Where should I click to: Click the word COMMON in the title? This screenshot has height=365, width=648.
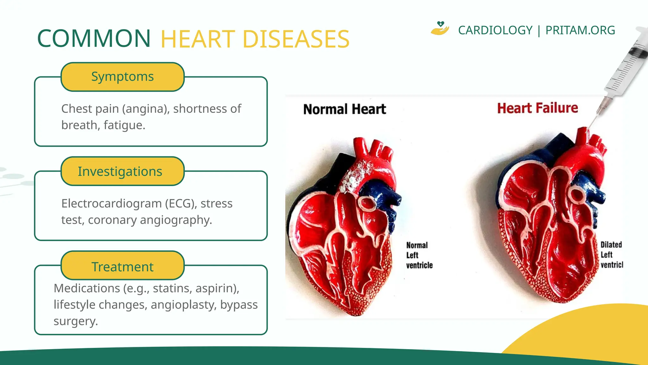(94, 39)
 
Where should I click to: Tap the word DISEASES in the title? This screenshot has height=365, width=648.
(296, 39)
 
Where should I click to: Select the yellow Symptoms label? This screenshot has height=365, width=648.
(122, 77)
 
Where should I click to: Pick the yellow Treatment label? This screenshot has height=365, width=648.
(122, 266)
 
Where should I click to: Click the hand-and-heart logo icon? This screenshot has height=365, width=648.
(440, 29)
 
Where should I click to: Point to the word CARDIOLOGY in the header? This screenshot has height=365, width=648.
(495, 30)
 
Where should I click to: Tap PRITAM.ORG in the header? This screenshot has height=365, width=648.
(580, 30)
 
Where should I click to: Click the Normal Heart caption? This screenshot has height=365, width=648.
(344, 109)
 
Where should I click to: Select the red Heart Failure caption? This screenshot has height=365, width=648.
(537, 108)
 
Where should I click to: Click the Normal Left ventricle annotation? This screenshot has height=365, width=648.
(419, 255)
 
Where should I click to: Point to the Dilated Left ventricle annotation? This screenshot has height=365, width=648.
(611, 254)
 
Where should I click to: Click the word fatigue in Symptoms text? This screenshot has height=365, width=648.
(124, 125)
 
